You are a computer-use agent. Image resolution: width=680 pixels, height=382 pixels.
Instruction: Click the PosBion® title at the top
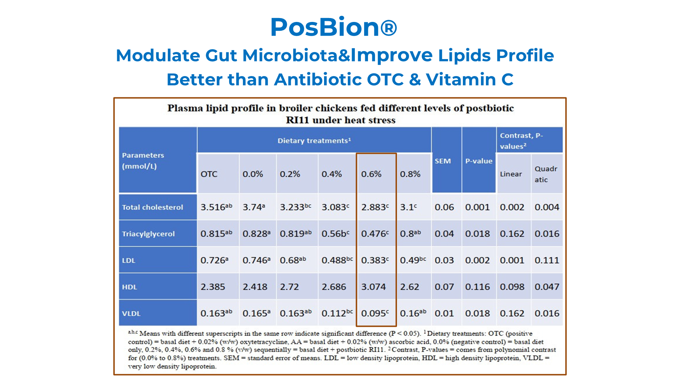[x=333, y=27]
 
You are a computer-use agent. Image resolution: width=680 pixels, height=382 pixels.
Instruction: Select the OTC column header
[x=209, y=174]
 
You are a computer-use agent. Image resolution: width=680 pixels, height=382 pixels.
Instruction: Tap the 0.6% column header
[x=371, y=174]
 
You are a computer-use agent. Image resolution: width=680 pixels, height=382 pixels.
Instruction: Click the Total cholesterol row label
[x=152, y=207]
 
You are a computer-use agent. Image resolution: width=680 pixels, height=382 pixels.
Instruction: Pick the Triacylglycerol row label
[x=148, y=234]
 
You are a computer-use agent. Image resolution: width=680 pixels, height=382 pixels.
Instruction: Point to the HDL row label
[x=129, y=287]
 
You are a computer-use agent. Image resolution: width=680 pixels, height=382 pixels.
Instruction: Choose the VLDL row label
[x=131, y=313]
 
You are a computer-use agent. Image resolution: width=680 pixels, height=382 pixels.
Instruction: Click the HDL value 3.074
[x=373, y=287]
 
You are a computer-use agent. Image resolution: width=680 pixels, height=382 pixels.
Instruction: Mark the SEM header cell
[x=443, y=161]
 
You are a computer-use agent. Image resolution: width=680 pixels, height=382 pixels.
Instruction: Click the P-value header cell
[x=479, y=161]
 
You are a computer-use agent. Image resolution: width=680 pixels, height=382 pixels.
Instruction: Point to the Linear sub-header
[x=511, y=174]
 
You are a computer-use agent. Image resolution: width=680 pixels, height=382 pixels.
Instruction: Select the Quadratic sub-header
[x=546, y=174]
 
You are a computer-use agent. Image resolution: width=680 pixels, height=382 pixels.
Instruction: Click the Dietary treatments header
[x=314, y=141]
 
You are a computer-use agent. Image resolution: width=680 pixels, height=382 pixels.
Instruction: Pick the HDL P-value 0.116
[x=477, y=287]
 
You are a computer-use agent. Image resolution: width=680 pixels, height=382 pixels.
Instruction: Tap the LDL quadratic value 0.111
[x=547, y=260]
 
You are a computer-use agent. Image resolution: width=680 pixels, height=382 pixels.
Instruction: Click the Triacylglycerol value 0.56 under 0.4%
[x=335, y=234]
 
